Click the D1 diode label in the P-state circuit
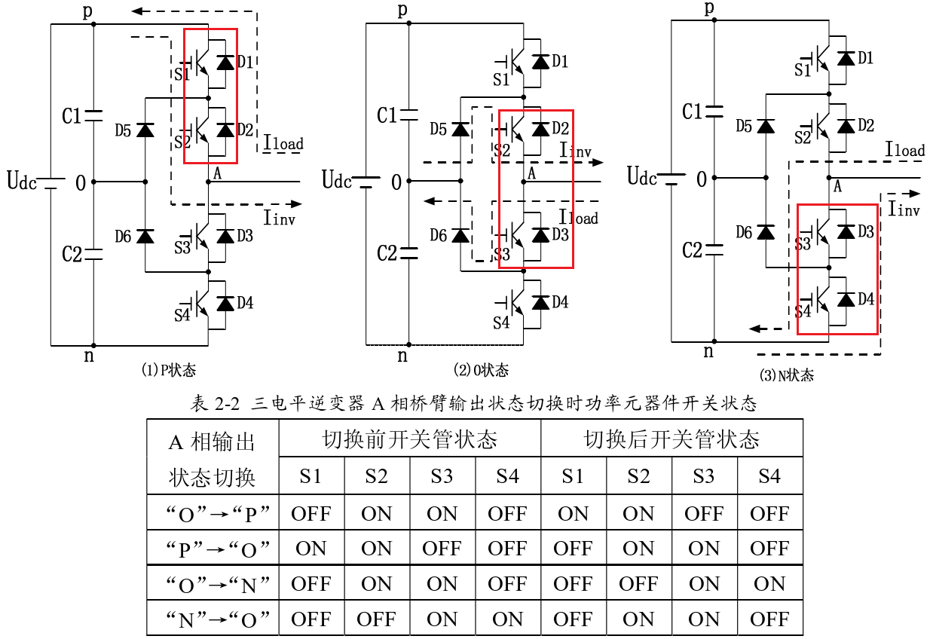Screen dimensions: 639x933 pos(245,62)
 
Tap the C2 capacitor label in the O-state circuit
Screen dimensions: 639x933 pos(387,253)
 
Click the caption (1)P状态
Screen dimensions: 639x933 pos(168,370)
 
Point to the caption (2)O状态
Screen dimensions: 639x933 pos(481,370)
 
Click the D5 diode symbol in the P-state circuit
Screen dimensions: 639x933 pos(145,130)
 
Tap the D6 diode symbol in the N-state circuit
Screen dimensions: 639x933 pos(766,232)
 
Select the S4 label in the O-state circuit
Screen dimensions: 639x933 pos(502,323)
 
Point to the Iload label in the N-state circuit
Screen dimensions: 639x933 pos(905,150)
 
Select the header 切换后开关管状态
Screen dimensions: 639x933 pos(671,439)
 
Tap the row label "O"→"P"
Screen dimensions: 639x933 pos(213,514)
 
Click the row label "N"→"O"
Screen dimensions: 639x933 pos(213,619)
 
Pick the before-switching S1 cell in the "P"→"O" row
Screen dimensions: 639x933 pos(311,549)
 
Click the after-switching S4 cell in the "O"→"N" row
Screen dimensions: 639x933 pos(769,584)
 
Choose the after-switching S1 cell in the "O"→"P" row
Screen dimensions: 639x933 pos(573,514)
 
